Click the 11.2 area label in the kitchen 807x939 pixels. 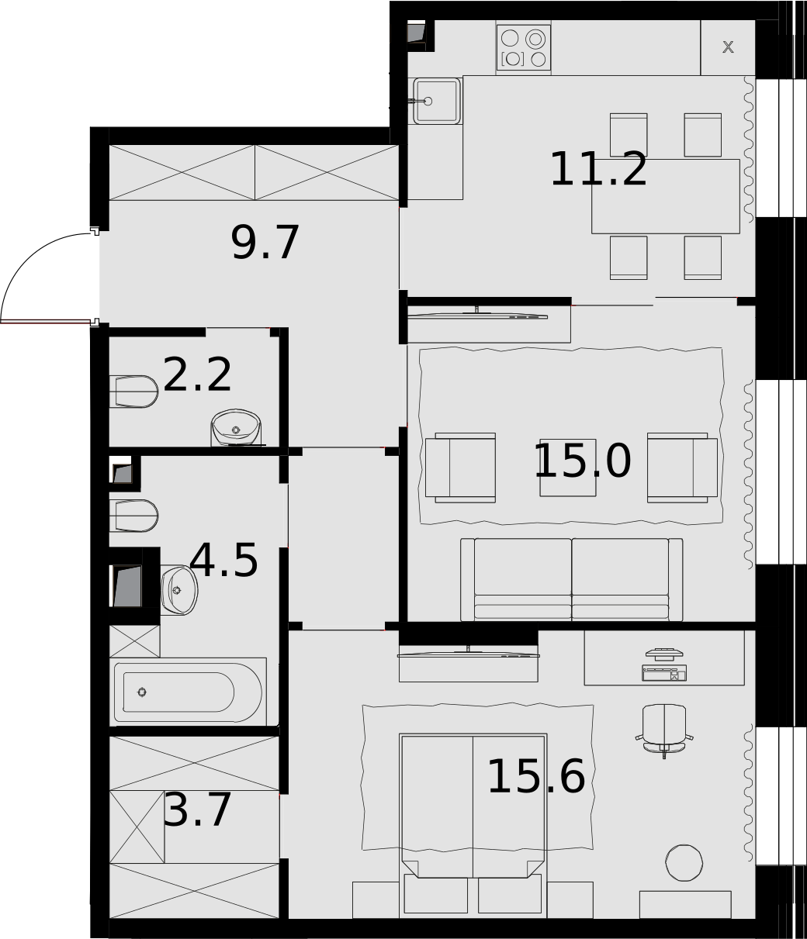tap(598, 169)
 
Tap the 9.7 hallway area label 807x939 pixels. tap(265, 243)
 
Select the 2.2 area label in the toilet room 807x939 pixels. tap(197, 375)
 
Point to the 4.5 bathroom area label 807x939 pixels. tap(223, 561)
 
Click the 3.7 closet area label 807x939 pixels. tap(197, 810)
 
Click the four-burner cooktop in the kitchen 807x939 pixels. tap(524, 48)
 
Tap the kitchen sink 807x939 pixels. tap(437, 101)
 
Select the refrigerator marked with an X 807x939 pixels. tap(727, 47)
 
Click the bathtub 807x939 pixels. tap(188, 692)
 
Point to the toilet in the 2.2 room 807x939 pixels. tap(133, 392)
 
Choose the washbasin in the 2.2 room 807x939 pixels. tap(236, 427)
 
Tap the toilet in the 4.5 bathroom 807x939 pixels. tap(133, 516)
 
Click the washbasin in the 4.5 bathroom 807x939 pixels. tap(179, 590)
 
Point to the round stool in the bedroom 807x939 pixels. tap(684, 863)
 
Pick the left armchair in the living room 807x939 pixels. tap(461, 468)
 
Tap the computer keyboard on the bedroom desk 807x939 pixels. tap(664, 673)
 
